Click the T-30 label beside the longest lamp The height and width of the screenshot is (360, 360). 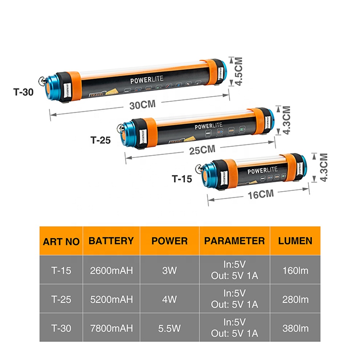point(23,91)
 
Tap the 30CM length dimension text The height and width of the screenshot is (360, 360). point(143,105)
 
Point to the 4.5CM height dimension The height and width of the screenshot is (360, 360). point(239,71)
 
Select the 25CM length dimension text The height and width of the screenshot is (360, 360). point(202,150)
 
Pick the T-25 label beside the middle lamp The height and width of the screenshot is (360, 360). point(100,140)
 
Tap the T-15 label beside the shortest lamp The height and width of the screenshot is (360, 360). point(182,179)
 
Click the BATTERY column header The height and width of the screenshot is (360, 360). point(111,241)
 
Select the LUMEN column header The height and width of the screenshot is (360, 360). point(295,241)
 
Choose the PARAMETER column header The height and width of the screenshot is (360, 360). point(234,241)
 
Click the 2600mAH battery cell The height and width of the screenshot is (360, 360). point(111,270)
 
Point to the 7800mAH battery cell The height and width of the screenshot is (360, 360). point(111,328)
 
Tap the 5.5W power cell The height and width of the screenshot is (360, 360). point(169,328)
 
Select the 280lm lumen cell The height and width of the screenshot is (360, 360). point(295,299)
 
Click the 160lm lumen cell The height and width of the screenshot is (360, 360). point(295,270)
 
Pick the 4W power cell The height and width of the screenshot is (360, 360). point(169,299)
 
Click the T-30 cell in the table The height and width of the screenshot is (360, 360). point(61,328)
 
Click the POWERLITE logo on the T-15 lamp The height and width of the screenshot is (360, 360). point(262,170)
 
